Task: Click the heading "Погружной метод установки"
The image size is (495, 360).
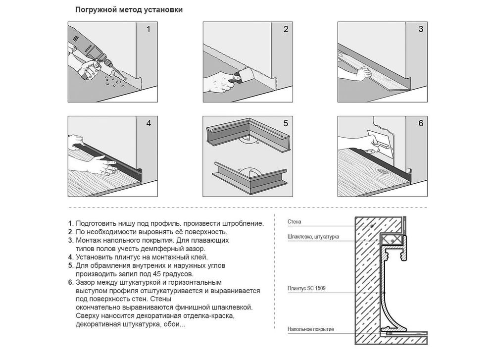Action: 129,10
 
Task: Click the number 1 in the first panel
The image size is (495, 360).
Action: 148,29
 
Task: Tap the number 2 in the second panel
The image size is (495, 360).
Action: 286,29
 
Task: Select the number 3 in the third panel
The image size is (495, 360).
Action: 421,29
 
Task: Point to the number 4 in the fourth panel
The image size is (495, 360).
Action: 148,123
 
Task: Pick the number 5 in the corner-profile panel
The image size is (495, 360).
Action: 286,123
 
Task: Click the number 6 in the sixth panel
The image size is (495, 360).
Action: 421,123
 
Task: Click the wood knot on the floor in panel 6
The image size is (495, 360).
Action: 386,172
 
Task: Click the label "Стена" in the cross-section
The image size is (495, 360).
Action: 294,222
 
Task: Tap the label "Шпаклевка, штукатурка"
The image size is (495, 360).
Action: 313,237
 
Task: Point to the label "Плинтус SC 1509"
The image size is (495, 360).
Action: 306,288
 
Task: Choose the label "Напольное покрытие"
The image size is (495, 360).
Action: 311,329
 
